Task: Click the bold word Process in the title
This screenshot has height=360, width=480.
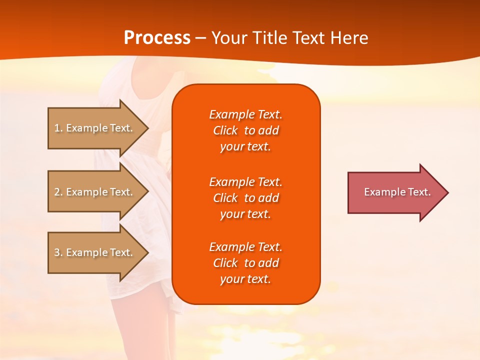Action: [157, 38]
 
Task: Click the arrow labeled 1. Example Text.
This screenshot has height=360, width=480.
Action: [95, 128]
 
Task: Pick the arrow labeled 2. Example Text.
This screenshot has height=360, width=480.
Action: [95, 192]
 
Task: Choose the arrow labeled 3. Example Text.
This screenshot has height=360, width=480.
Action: [95, 252]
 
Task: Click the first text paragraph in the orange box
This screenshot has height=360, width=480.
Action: [245, 130]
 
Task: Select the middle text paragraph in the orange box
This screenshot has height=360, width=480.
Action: [245, 198]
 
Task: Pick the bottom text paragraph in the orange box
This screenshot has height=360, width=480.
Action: [245, 263]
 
